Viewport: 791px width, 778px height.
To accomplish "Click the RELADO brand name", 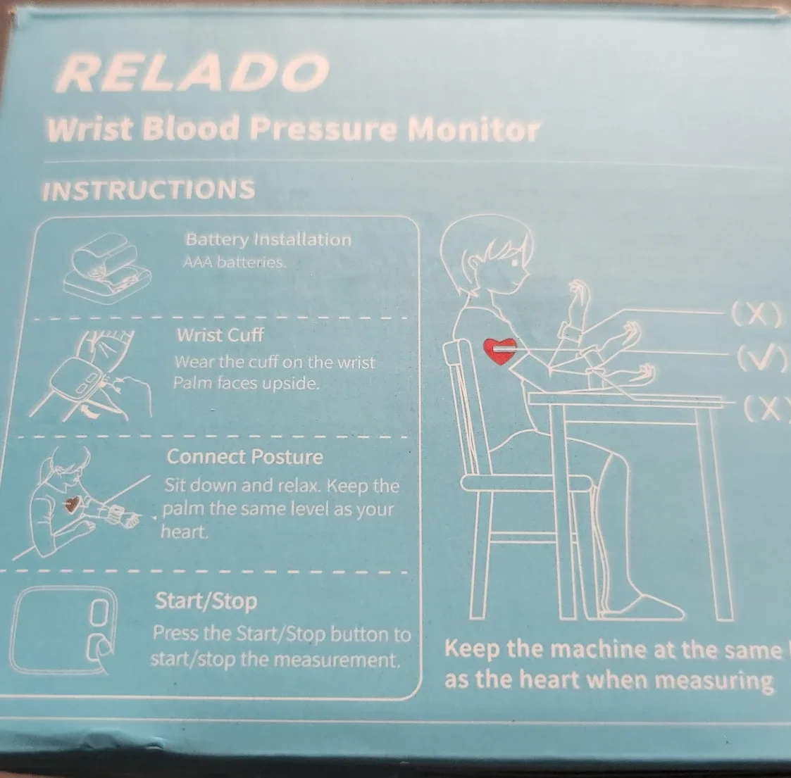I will click(x=194, y=73).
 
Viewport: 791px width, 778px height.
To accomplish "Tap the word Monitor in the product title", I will click(x=474, y=130).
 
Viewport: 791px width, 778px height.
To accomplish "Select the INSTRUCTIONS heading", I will click(x=149, y=190).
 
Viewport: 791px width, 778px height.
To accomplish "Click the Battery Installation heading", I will click(x=268, y=239).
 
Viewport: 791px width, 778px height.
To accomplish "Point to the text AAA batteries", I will click(x=235, y=263).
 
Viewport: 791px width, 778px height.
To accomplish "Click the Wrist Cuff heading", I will click(x=220, y=335).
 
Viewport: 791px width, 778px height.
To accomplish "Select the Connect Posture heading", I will click(x=244, y=457).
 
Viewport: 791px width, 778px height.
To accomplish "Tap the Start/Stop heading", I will click(x=206, y=601).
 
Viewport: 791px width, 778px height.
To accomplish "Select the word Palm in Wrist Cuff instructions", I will click(x=189, y=384).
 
